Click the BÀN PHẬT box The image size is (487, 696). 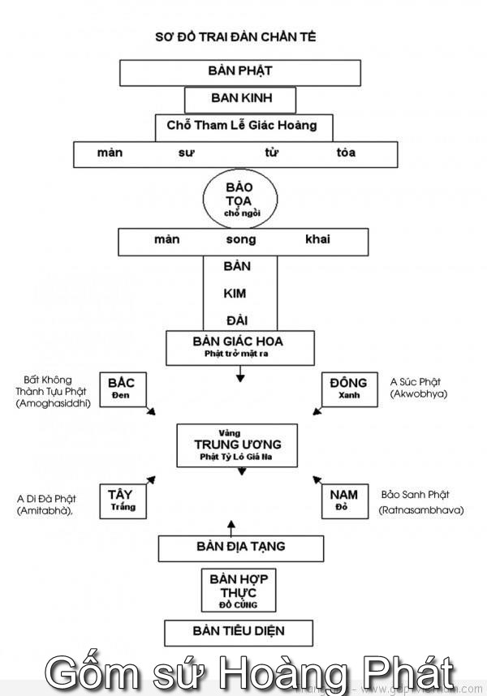click(240, 72)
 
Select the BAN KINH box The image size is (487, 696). click(240, 100)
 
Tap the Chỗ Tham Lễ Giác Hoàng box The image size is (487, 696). click(243, 127)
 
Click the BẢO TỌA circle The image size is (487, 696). click(239, 197)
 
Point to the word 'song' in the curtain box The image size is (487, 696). click(241, 239)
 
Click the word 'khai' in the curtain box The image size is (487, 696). click(317, 239)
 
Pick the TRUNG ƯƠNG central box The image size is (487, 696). click(238, 445)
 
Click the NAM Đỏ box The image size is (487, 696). click(343, 500)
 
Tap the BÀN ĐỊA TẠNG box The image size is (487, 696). click(240, 548)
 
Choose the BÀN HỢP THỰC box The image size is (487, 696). click(239, 590)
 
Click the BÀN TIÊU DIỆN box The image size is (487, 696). click(239, 631)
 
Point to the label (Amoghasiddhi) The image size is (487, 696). click(53, 403)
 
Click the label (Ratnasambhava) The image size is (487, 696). click(420, 510)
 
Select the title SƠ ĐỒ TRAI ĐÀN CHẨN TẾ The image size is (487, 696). click(235, 37)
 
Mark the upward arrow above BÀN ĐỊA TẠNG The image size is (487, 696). click(231, 526)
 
